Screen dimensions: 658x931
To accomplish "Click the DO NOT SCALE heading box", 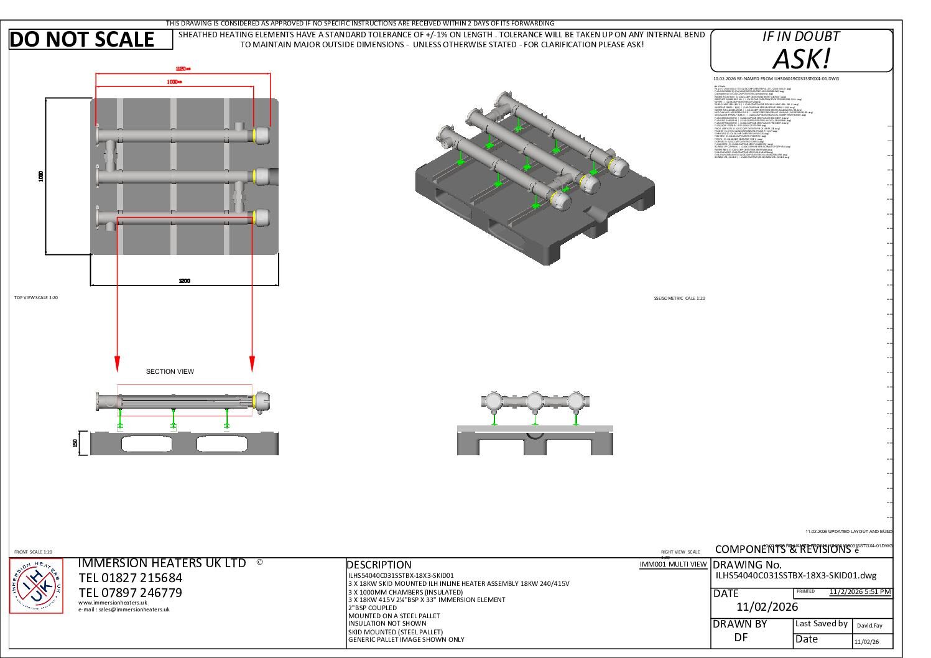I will [x=91, y=39].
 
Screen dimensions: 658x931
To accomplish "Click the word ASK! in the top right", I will [x=801, y=59].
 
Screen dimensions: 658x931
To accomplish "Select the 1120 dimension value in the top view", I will [x=183, y=68].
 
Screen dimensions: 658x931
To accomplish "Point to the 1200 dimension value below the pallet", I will [x=184, y=281].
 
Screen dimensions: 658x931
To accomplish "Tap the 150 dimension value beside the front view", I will [x=75, y=443].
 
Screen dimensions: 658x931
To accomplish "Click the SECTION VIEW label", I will [x=170, y=371].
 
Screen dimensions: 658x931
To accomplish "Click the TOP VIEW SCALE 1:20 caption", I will [x=36, y=298].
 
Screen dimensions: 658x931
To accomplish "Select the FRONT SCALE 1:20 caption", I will [x=33, y=552].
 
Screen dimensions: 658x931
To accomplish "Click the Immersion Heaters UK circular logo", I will [x=36, y=586].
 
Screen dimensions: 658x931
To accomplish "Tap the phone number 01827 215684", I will [x=131, y=578].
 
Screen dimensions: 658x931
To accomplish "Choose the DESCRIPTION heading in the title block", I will [x=379, y=565].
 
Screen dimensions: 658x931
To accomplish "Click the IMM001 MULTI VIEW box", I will [x=674, y=564].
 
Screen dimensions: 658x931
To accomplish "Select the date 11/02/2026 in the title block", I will [x=767, y=607].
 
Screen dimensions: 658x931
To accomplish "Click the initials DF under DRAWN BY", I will [x=741, y=637].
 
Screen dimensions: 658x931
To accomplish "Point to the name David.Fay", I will [x=869, y=626].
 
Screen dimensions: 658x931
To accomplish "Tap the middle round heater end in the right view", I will [x=534, y=401].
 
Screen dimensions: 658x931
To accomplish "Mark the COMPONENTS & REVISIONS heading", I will [x=782, y=549].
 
